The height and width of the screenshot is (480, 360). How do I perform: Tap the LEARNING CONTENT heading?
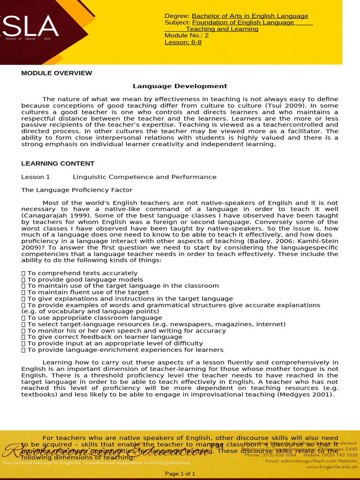(x=58, y=164)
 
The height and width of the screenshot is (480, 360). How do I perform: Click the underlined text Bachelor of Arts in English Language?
(x=250, y=16)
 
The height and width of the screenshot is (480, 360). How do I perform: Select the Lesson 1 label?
(x=36, y=177)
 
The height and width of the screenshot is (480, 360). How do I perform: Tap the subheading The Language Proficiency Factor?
(x=77, y=190)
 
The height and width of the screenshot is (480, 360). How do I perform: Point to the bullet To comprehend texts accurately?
(x=82, y=273)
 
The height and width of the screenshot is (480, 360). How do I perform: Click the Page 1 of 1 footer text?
(x=180, y=474)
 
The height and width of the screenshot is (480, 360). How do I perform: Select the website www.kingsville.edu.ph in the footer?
(x=331, y=467)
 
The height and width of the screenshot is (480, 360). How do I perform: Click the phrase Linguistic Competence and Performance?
(x=144, y=177)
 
